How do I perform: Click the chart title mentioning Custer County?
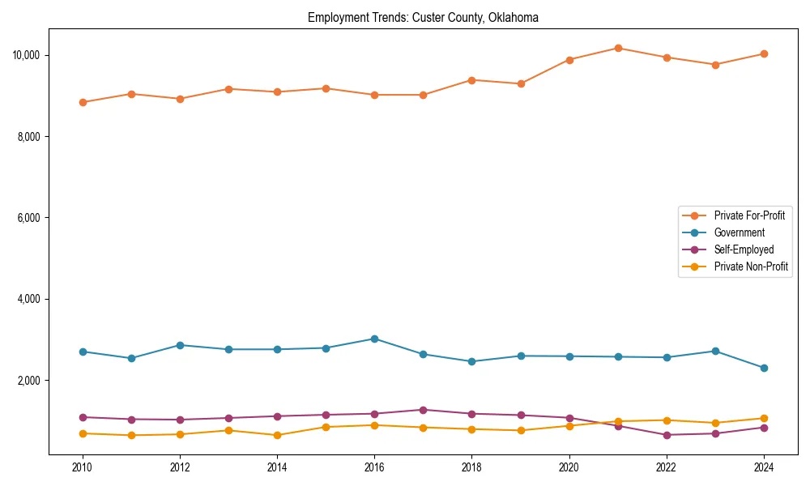click(423, 18)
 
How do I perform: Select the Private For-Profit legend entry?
click(749, 215)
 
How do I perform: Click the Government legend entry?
click(739, 232)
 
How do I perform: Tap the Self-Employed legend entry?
click(744, 249)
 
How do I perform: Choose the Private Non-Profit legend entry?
click(751, 266)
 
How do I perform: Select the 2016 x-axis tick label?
click(374, 467)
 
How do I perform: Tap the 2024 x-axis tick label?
click(764, 467)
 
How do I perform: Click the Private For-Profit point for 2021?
click(618, 48)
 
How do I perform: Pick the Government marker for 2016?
click(374, 339)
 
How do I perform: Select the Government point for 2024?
click(764, 368)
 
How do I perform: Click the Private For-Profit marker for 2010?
click(83, 102)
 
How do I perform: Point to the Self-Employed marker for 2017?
click(423, 410)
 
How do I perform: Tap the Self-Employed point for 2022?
click(667, 435)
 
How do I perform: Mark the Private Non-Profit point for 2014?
click(277, 435)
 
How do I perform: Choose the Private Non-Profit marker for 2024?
click(764, 418)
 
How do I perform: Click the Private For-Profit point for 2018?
click(471, 79)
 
